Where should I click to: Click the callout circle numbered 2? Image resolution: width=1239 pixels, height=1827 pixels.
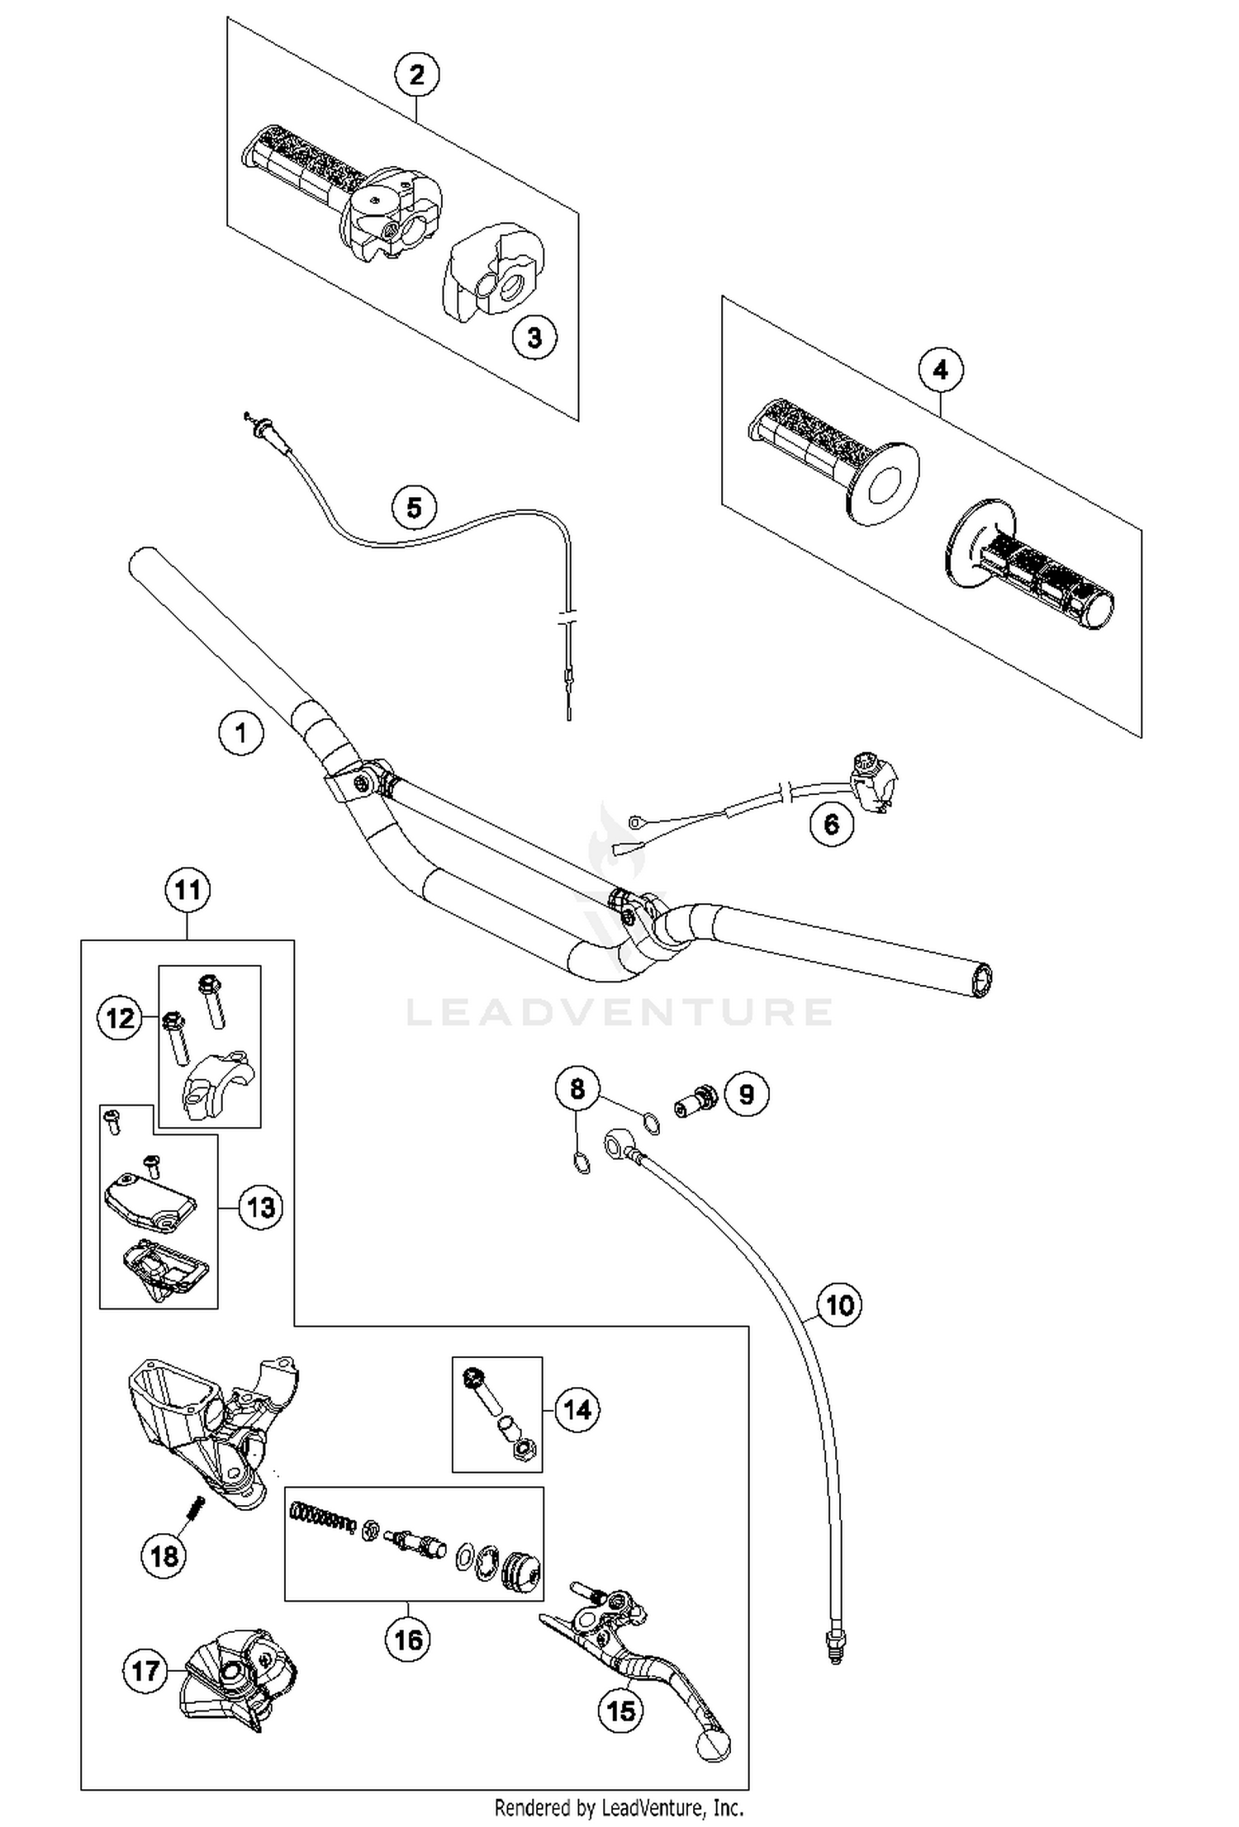click(x=416, y=75)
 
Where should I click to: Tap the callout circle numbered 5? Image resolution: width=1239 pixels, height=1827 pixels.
click(x=414, y=507)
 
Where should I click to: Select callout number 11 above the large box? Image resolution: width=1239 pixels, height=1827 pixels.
click(x=188, y=890)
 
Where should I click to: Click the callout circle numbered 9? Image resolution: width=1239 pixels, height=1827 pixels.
click(x=746, y=1095)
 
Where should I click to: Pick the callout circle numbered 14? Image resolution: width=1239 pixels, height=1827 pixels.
click(x=577, y=1409)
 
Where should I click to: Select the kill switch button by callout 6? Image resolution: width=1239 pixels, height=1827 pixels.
click(x=872, y=781)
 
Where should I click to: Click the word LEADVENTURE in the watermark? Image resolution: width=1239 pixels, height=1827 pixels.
click(x=619, y=1012)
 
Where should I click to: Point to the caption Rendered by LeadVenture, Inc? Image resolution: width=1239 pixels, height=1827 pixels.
click(x=619, y=1807)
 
